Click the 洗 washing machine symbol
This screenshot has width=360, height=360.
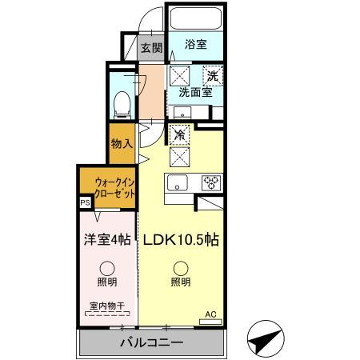click(213, 75)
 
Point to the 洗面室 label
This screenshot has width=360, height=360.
click(194, 92)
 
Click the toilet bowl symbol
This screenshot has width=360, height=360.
click(122, 103)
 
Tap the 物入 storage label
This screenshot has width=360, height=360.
click(122, 144)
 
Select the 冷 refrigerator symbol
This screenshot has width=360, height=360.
click(181, 136)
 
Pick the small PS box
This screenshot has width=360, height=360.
click(85, 203)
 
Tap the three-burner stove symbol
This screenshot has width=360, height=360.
click(211, 182)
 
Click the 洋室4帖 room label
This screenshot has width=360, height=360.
click(106, 238)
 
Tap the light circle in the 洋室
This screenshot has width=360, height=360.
click(106, 268)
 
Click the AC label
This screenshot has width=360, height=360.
click(211, 314)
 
